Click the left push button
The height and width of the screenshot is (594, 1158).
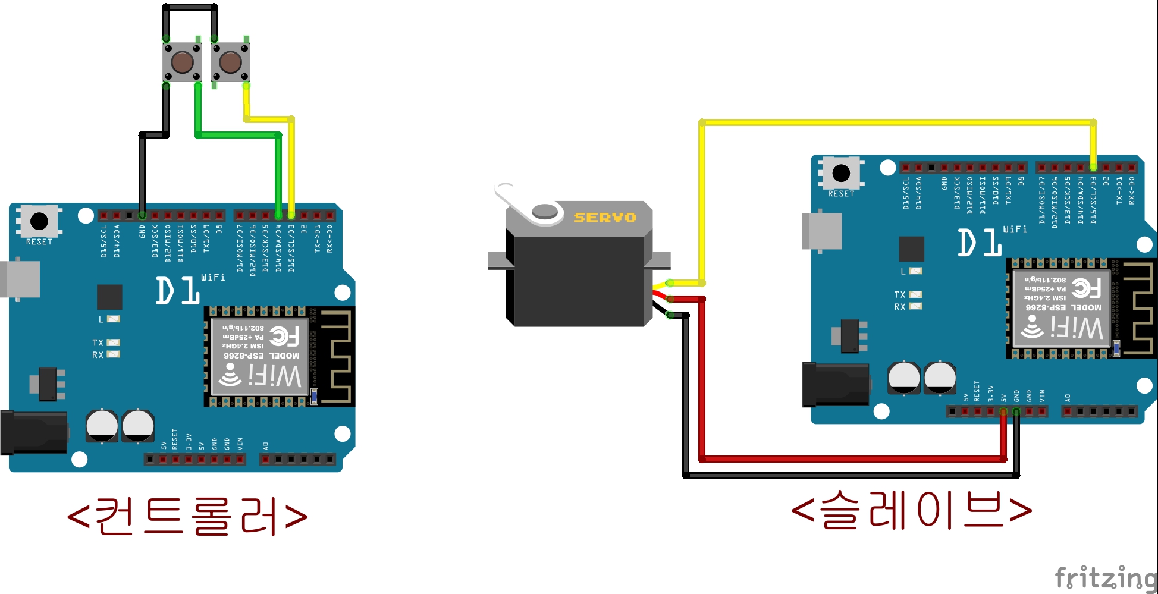point(182,61)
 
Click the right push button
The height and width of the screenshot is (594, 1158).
point(230,61)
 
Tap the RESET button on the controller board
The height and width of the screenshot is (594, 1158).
point(39,221)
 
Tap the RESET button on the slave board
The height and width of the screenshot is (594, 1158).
point(841,173)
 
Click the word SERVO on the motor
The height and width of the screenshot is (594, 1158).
point(604,218)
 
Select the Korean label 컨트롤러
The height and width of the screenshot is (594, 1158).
point(187,516)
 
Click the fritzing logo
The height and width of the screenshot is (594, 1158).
point(1105,577)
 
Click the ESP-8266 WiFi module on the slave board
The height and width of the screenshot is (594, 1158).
point(1062,309)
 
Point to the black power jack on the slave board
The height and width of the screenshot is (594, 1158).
point(835,385)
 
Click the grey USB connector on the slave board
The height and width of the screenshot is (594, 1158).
point(822,231)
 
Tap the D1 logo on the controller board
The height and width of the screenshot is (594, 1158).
point(177,291)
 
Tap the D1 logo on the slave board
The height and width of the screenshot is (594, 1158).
point(979,243)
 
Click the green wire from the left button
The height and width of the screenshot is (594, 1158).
point(238,135)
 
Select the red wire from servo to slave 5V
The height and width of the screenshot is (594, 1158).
point(851,459)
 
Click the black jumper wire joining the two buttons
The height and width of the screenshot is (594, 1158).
point(190,7)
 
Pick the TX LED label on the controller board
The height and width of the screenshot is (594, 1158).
point(98,342)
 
